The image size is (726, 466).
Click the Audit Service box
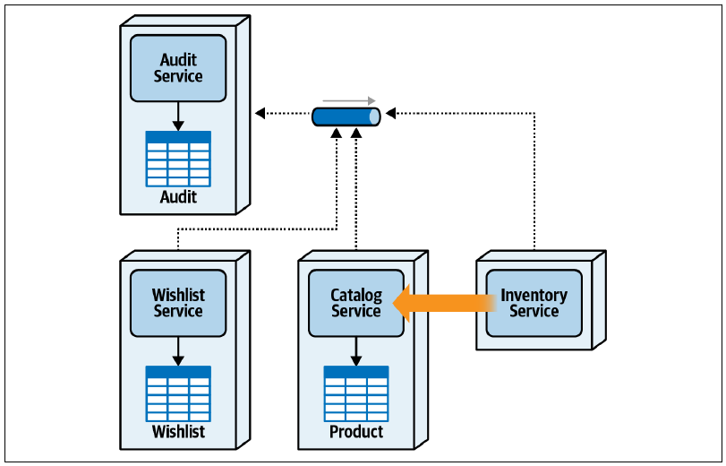(178, 68)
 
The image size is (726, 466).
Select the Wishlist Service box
(178, 303)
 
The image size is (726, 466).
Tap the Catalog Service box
(356, 303)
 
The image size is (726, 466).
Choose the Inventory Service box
(534, 303)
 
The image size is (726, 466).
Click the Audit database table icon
(178, 159)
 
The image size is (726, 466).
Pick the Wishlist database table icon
(178, 394)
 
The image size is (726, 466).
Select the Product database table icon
(356, 394)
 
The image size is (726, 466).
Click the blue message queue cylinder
(346, 116)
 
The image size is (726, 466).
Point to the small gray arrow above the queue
(349, 100)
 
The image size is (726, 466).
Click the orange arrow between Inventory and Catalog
(445, 304)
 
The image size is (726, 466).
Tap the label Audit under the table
(178, 197)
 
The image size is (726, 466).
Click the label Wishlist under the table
(178, 432)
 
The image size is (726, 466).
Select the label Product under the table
(356, 432)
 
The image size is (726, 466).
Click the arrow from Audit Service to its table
(178, 116)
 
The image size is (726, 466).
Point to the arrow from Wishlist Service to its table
(178, 351)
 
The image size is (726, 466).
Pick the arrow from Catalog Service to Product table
(356, 351)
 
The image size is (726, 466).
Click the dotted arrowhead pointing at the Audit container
(261, 113)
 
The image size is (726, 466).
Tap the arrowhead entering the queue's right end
(391, 113)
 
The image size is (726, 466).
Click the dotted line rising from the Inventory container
(534, 181)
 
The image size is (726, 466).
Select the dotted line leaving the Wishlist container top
(257, 229)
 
